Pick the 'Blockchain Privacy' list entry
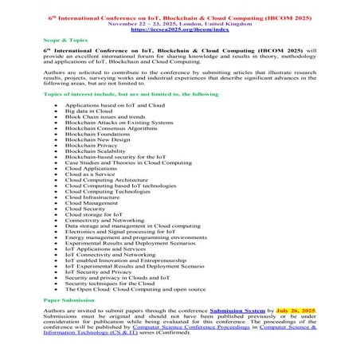[x=91, y=147]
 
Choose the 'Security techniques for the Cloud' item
[x=109, y=283]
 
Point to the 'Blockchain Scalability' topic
[x=96, y=152]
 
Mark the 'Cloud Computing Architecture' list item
[x=106, y=180]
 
